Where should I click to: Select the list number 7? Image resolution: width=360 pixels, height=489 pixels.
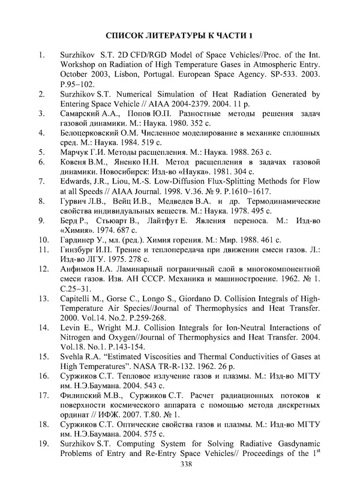(x=40, y=180)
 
